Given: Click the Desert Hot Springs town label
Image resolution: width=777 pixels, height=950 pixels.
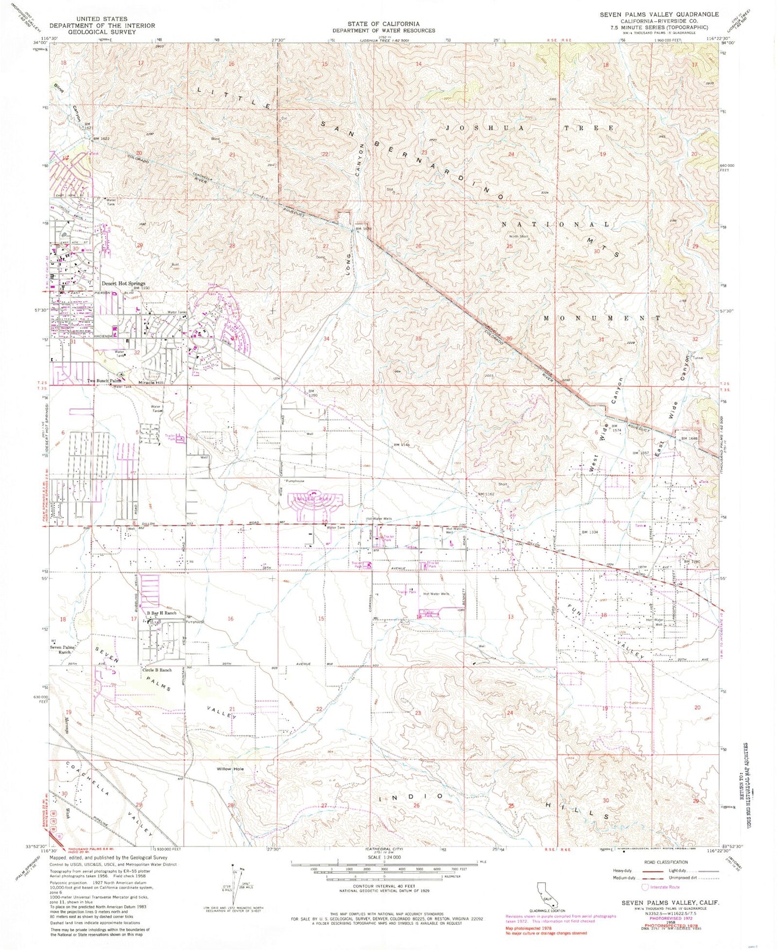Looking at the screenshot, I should pos(123,283).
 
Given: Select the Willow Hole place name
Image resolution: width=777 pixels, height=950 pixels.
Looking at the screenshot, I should pos(230,769).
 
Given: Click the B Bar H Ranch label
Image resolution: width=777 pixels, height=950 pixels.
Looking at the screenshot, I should pos(162,613).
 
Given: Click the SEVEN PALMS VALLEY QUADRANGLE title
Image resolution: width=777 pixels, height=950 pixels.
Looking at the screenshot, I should pos(659,15).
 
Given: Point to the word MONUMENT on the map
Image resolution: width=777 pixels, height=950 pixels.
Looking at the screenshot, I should pos(601,318).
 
